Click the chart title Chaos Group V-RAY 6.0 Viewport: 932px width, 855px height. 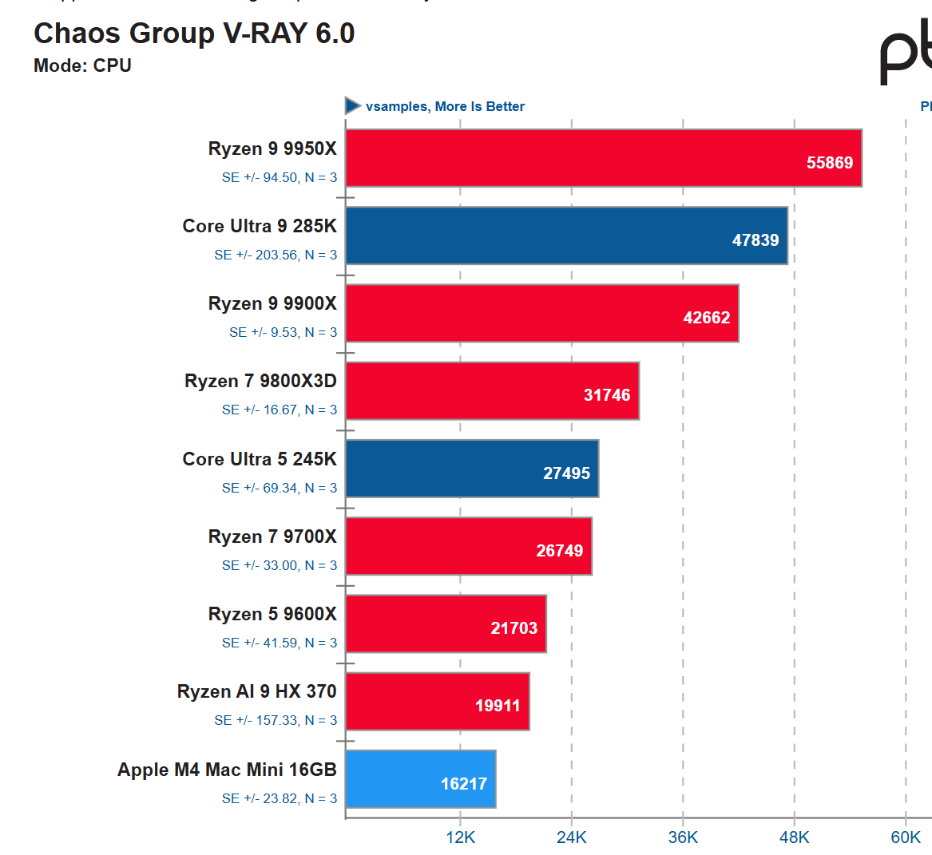pyautogui.click(x=194, y=34)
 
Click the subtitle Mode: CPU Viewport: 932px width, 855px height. pyautogui.click(x=82, y=65)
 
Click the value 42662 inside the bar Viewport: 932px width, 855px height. pyautogui.click(x=707, y=318)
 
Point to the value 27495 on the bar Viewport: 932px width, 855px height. pyautogui.click(x=566, y=473)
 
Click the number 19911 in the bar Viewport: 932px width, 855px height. pyautogui.click(x=498, y=706)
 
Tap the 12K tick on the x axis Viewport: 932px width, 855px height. pyautogui.click(x=461, y=837)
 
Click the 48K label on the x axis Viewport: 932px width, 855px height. pyautogui.click(x=795, y=837)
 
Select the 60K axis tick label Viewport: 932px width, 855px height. pyautogui.click(x=906, y=837)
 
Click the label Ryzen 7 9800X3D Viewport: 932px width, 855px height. pyautogui.click(x=260, y=381)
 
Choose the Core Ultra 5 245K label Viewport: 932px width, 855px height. pyautogui.click(x=260, y=459)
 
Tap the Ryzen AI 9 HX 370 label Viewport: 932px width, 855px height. pyautogui.click(x=256, y=691)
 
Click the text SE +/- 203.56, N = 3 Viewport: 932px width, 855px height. pyautogui.click(x=276, y=255)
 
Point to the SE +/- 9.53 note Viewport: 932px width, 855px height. pyautogui.click(x=283, y=332)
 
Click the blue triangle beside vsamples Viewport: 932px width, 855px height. pyautogui.click(x=352, y=105)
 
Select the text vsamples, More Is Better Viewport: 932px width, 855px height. pyautogui.click(x=445, y=106)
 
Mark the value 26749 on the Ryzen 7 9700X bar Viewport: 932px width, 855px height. pyautogui.click(x=559, y=551)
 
